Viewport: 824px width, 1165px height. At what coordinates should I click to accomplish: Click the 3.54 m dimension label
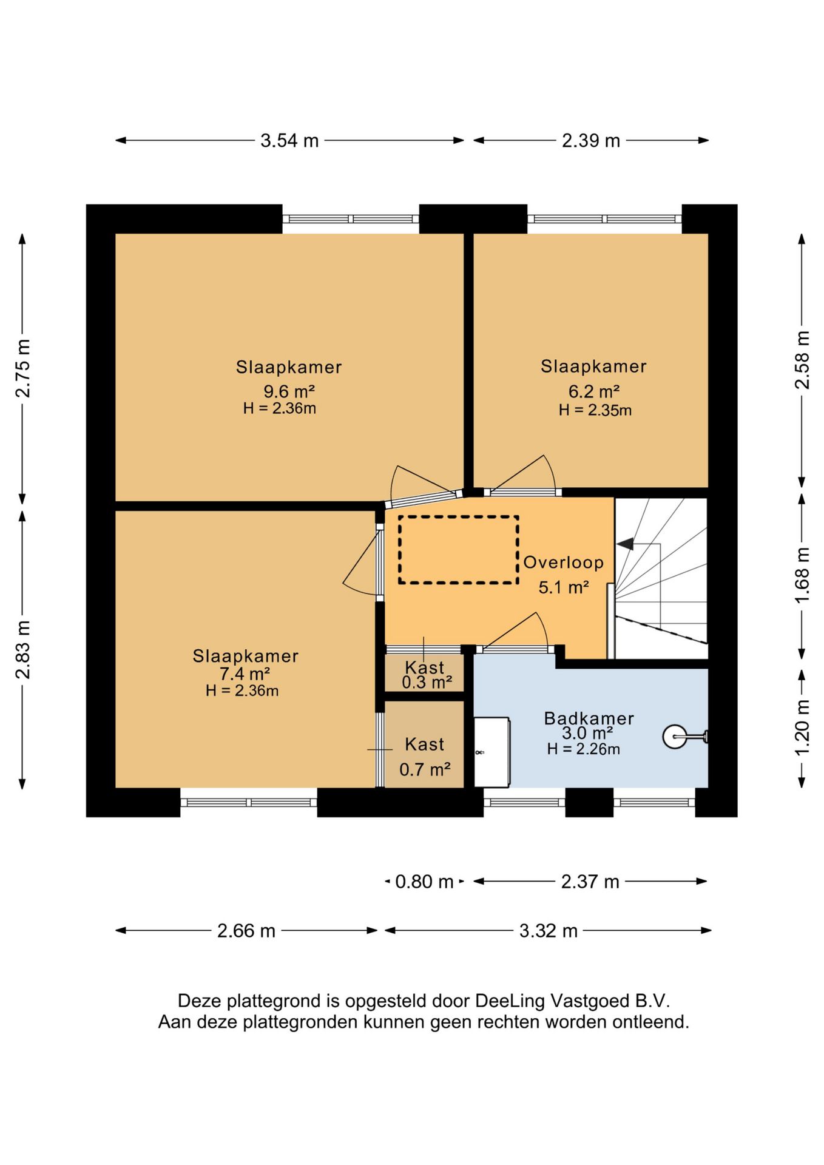coord(289,141)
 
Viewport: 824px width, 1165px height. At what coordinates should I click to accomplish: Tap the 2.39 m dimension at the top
coord(590,141)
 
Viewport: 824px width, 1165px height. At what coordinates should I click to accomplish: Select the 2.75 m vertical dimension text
coord(22,368)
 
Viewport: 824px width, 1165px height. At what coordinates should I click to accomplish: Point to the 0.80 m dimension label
coord(424,882)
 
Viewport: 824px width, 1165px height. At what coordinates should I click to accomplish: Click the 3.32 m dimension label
coord(548,931)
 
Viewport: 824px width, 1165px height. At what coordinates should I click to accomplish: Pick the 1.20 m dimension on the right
coord(802,728)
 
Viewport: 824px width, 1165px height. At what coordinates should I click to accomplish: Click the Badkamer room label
coord(589,718)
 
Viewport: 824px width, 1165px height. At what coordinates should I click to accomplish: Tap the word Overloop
coord(563,562)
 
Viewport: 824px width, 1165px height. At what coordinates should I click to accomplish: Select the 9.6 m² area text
coord(289,391)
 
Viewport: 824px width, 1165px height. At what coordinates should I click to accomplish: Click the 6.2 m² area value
coord(593,391)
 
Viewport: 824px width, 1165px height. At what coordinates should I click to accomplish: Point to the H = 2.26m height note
coord(583,749)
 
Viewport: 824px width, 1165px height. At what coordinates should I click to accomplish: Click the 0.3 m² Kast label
coord(427,683)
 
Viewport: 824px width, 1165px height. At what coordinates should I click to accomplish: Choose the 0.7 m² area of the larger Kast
coord(425,770)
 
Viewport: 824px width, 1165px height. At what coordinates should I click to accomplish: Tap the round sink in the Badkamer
coord(675,737)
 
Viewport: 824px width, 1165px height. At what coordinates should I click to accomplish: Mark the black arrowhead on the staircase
coord(625,544)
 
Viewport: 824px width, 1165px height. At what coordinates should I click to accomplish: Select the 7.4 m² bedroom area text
coord(245,674)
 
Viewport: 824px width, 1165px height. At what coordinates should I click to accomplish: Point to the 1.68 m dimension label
coord(802,575)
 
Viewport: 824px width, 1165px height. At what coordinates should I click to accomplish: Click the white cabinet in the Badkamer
coord(491,752)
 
